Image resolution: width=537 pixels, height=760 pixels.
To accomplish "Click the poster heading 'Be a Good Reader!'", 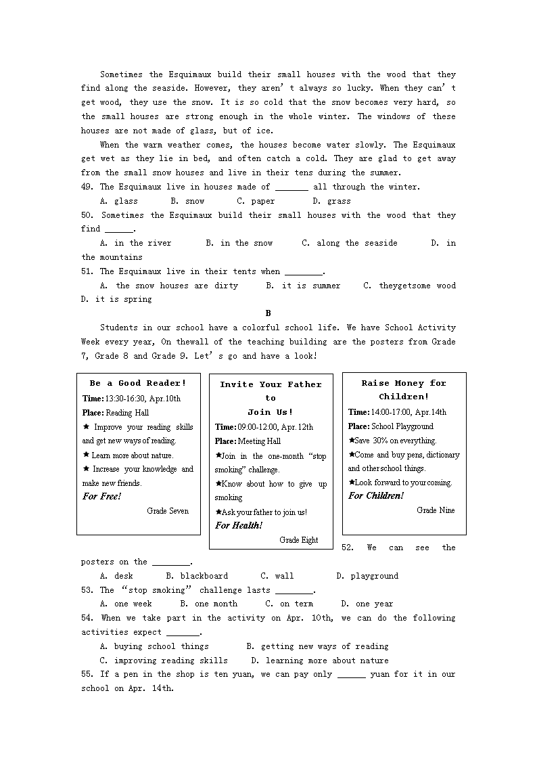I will point(137,383).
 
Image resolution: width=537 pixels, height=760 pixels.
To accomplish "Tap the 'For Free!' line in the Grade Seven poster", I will point(102,497).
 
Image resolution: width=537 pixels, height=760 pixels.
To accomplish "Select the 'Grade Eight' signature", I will point(298,540).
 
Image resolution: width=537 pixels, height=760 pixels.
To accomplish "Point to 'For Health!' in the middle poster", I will point(239,526).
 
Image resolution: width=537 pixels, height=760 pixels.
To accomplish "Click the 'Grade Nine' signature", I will point(436,510).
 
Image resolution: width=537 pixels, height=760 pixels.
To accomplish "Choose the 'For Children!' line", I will point(376,496).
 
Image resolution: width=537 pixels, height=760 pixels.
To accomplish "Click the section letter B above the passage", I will point(268,313).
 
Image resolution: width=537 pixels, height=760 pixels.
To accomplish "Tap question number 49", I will point(87,187).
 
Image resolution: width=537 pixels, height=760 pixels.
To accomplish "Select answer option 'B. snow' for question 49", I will point(187,201).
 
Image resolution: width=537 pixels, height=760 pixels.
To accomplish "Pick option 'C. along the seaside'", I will point(349,243).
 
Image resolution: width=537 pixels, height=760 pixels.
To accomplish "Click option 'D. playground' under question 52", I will point(367,576).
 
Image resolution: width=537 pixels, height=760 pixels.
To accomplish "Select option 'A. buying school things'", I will point(154,646).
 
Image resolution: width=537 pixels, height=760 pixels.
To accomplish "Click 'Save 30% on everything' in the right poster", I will point(395,441).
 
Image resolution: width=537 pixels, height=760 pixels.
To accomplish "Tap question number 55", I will point(87,674).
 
